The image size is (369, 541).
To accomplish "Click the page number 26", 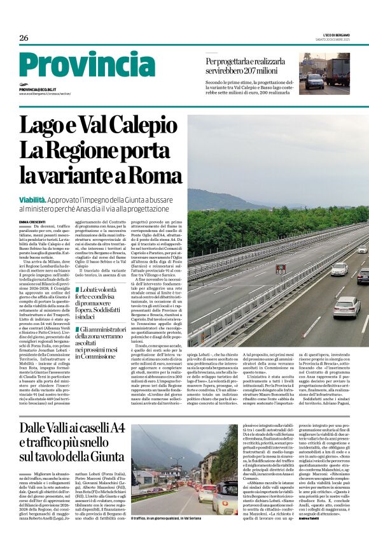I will pyautogui.click(x=24, y=38).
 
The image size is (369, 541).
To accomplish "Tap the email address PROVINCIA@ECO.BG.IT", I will pyautogui.click(x=38, y=90).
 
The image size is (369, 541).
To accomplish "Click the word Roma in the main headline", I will pyautogui.click(x=152, y=173).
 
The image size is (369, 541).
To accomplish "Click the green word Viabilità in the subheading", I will pyautogui.click(x=36, y=199).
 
